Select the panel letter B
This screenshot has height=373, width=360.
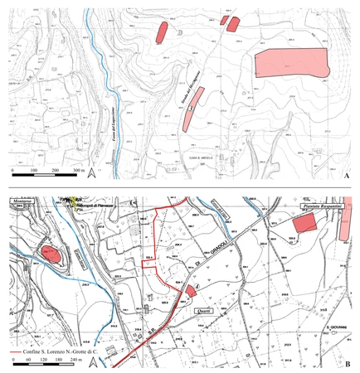click(344, 362)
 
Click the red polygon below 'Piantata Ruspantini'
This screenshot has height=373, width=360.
click(304, 223)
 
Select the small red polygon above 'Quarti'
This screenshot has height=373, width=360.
click(191, 290)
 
